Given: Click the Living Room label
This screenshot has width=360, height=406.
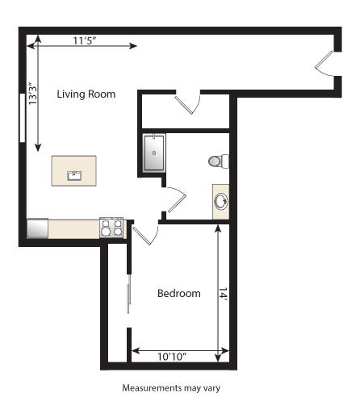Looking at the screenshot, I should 86,94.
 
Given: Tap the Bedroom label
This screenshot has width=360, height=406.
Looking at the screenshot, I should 178,293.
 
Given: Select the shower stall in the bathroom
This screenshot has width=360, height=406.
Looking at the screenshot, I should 154,153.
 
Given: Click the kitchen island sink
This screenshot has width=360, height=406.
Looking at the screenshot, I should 74,174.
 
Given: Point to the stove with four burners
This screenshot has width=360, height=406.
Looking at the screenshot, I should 111,228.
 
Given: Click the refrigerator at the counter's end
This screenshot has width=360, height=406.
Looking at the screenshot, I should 37,229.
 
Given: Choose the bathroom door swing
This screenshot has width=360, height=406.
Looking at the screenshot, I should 175,199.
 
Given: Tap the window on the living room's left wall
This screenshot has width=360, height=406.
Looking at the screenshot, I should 22,118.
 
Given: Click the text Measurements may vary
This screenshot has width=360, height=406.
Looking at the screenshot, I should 171,387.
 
